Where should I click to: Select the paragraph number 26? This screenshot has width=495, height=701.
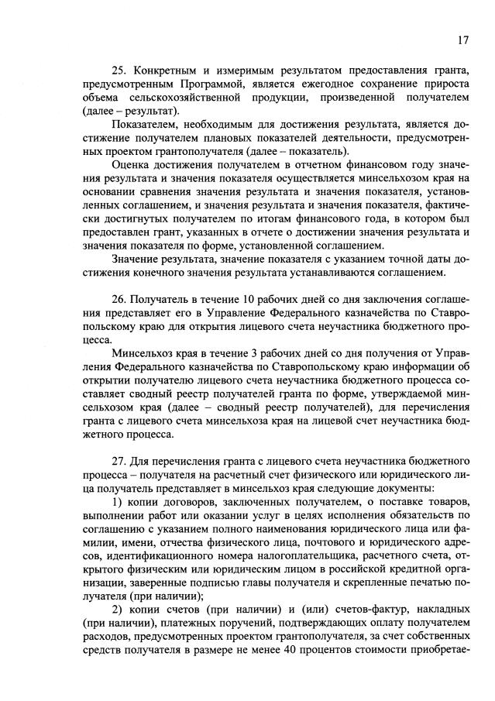[119, 298]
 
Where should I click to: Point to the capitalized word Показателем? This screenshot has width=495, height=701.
[146, 125]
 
